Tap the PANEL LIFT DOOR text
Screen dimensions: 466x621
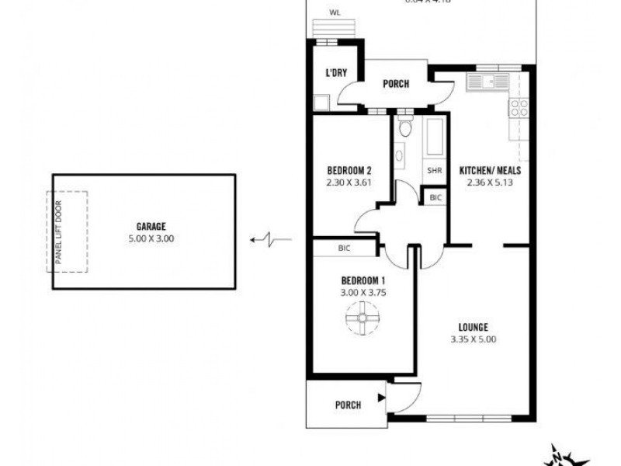coord(58,231)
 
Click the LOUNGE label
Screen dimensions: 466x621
coord(473,327)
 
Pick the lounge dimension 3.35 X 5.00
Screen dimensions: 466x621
coord(473,339)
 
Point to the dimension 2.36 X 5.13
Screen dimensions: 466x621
coord(490,183)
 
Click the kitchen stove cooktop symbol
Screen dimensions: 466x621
coord(519,107)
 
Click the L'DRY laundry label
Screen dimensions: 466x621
coord(335,73)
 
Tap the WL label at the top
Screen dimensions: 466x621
coord(335,12)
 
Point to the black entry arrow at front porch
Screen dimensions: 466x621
coord(381,398)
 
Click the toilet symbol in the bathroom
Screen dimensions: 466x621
coord(404,130)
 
